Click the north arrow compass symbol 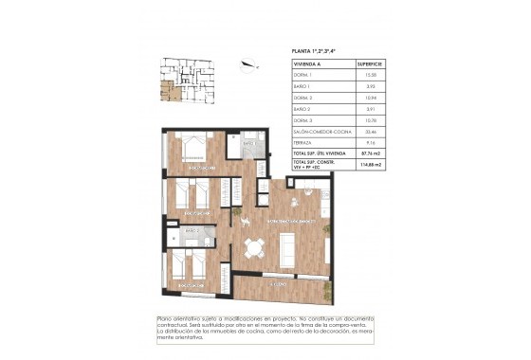(248, 65)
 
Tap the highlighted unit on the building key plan (168, 92)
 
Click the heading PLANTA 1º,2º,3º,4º (325, 52)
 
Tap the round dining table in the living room (253, 249)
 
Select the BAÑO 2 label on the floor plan (192, 230)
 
